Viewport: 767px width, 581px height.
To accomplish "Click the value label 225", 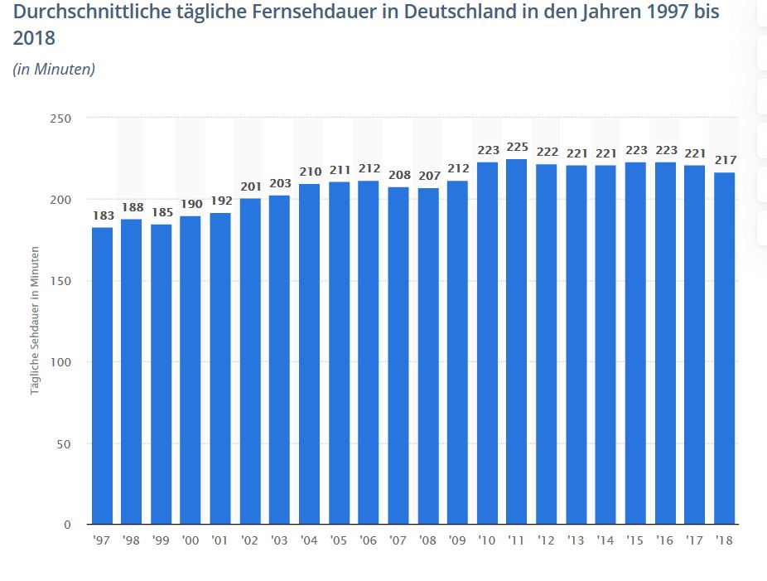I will (x=517, y=148).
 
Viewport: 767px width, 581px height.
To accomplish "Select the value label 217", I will (x=725, y=160).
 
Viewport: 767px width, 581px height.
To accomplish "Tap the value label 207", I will (x=428, y=177).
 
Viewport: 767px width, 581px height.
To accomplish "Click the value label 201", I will (x=250, y=186).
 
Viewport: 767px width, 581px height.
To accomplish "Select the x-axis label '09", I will (x=457, y=540).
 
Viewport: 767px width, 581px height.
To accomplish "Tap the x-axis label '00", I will (x=191, y=540).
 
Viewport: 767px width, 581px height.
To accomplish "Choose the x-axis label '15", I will (x=635, y=540).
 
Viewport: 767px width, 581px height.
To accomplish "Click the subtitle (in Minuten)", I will (x=54, y=70).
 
